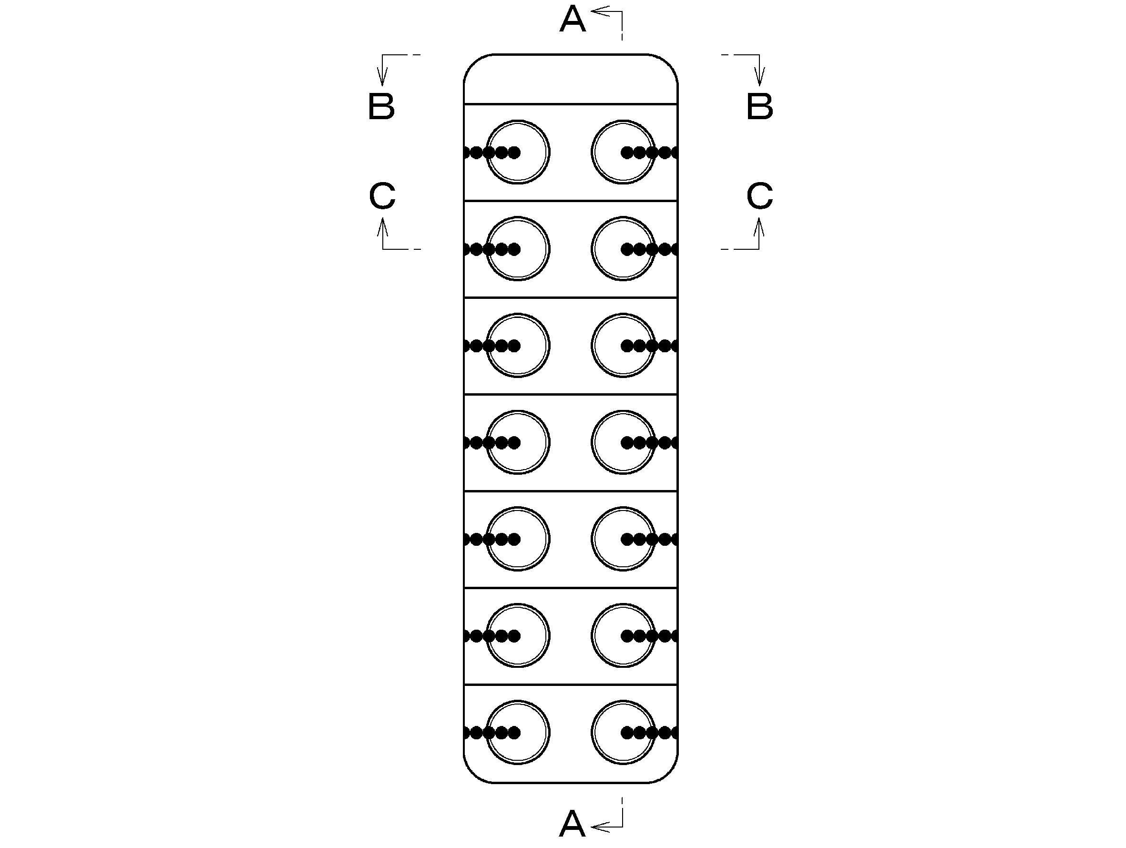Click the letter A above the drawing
pyautogui.click(x=572, y=20)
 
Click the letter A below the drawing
pyautogui.click(x=572, y=824)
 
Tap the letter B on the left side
pyautogui.click(x=381, y=106)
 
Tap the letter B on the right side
pyautogui.click(x=759, y=106)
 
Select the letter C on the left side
pyautogui.click(x=382, y=196)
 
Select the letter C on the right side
pyautogui.click(x=759, y=196)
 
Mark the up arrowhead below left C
pyautogui.click(x=383, y=227)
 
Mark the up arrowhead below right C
pyautogui.click(x=759, y=227)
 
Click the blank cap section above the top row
pyautogui.click(x=571, y=80)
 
